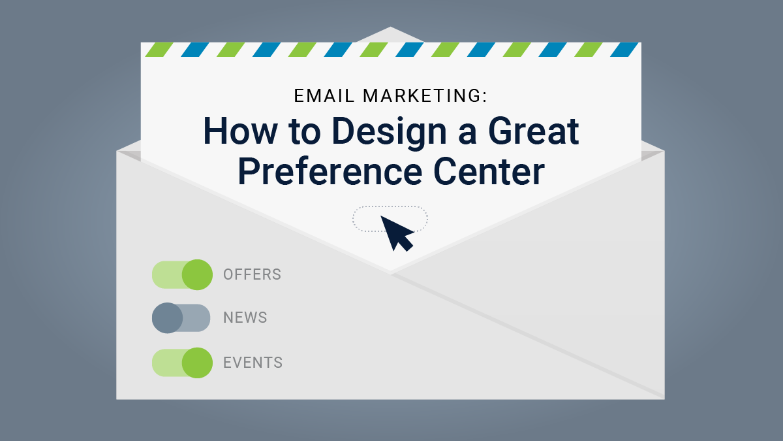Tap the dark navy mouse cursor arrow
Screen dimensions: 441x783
pyautogui.click(x=395, y=232)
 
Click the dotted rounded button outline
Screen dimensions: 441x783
pyautogui.click(x=365, y=219)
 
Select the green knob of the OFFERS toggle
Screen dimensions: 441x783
pyautogui.click(x=197, y=274)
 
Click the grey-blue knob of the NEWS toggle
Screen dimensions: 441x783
pyautogui.click(x=167, y=318)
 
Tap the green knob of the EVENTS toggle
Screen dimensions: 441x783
pyautogui.click(x=197, y=363)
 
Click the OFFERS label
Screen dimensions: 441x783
pyautogui.click(x=252, y=274)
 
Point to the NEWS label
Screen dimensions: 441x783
pyautogui.click(x=245, y=318)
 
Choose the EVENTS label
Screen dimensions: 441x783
pyautogui.click(x=253, y=363)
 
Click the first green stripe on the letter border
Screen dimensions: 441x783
pyautogui.click(x=159, y=50)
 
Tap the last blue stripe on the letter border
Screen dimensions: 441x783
pyautogui.click(x=625, y=50)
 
